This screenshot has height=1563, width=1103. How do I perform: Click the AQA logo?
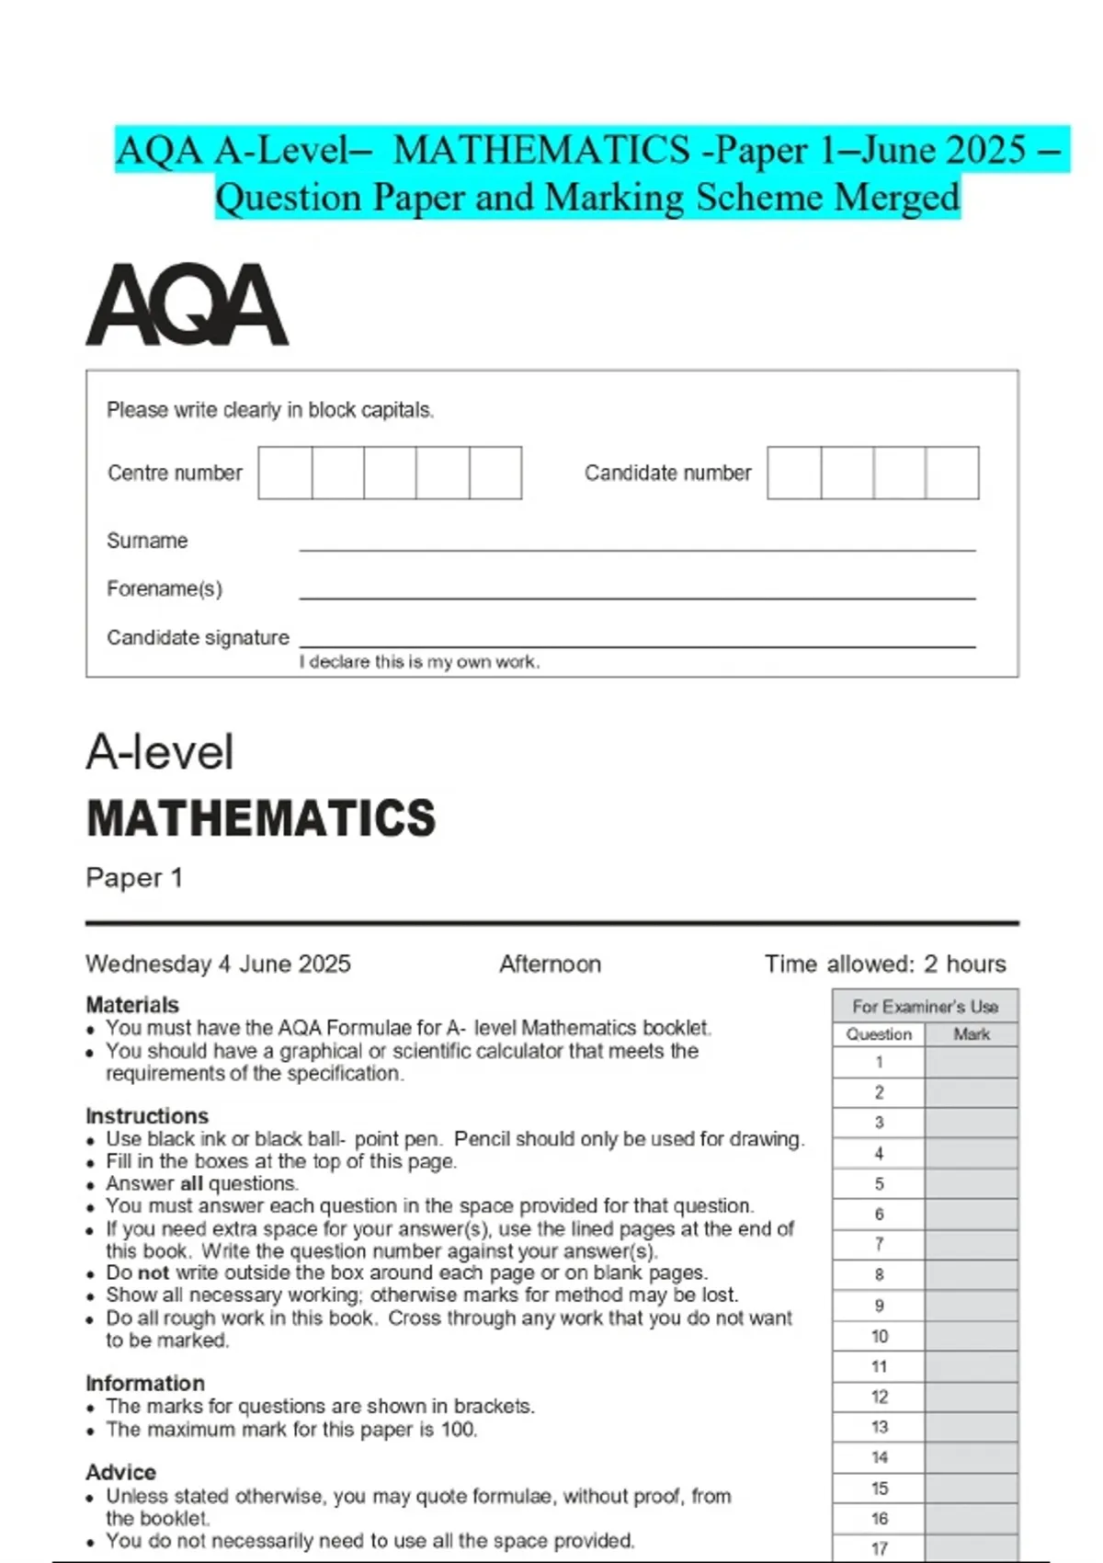tap(187, 305)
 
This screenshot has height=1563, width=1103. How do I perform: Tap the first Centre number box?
tap(285, 473)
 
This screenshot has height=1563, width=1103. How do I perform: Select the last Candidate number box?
tap(952, 473)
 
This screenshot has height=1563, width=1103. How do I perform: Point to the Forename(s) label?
tap(165, 588)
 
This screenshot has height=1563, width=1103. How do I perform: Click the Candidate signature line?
tap(637, 643)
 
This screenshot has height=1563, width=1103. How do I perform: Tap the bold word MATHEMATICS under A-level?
tap(261, 818)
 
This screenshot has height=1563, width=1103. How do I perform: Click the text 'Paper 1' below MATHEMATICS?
tap(134, 878)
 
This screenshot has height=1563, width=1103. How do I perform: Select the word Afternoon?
tap(550, 964)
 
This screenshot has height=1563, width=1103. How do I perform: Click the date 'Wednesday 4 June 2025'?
tap(218, 964)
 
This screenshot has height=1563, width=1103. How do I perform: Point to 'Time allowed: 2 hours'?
tap(885, 964)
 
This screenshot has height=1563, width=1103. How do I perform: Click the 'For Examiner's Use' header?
tap(925, 1006)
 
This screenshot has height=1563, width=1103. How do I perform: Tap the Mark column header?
tap(972, 1034)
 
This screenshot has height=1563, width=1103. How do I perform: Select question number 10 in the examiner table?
tap(880, 1336)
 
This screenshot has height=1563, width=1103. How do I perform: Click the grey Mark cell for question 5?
tap(972, 1183)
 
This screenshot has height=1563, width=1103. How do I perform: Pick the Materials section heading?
tap(132, 1005)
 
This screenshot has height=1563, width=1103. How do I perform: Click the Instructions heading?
tap(147, 1115)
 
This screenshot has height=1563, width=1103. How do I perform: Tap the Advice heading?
tap(120, 1472)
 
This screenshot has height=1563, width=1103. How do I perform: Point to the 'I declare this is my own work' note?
tap(419, 662)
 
